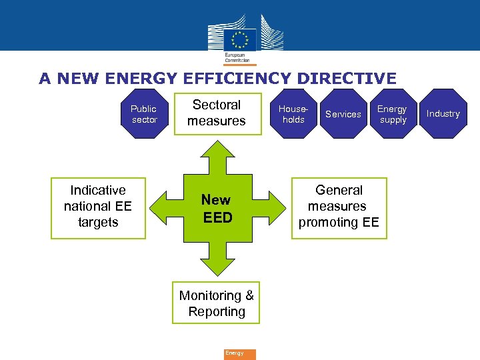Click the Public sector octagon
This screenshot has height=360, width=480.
pyautogui.click(x=144, y=114)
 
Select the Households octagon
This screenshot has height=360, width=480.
pyautogui.click(x=293, y=114)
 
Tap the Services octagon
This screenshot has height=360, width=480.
pyautogui.click(x=343, y=114)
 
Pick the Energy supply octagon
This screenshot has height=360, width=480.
pyautogui.click(x=393, y=114)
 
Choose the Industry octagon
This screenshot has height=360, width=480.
pyautogui.click(x=443, y=114)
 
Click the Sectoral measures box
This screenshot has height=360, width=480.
pyautogui.click(x=217, y=113)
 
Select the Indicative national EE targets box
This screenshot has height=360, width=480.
pyautogui.click(x=98, y=207)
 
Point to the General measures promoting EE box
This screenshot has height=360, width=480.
pyautogui.click(x=339, y=207)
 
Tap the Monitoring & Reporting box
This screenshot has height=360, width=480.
pyautogui.click(x=217, y=304)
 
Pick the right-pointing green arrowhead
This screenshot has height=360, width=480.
pyautogui.click(x=279, y=207)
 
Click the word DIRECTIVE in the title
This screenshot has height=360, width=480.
pyautogui.click(x=347, y=79)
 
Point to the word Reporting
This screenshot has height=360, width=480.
pyautogui.click(x=217, y=312)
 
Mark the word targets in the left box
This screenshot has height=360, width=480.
pyautogui.click(x=98, y=223)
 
